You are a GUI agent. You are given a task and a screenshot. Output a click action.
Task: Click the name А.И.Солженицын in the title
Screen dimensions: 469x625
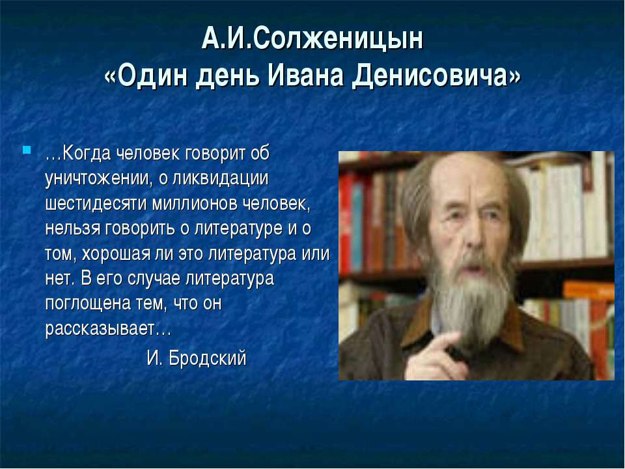[312, 40]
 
